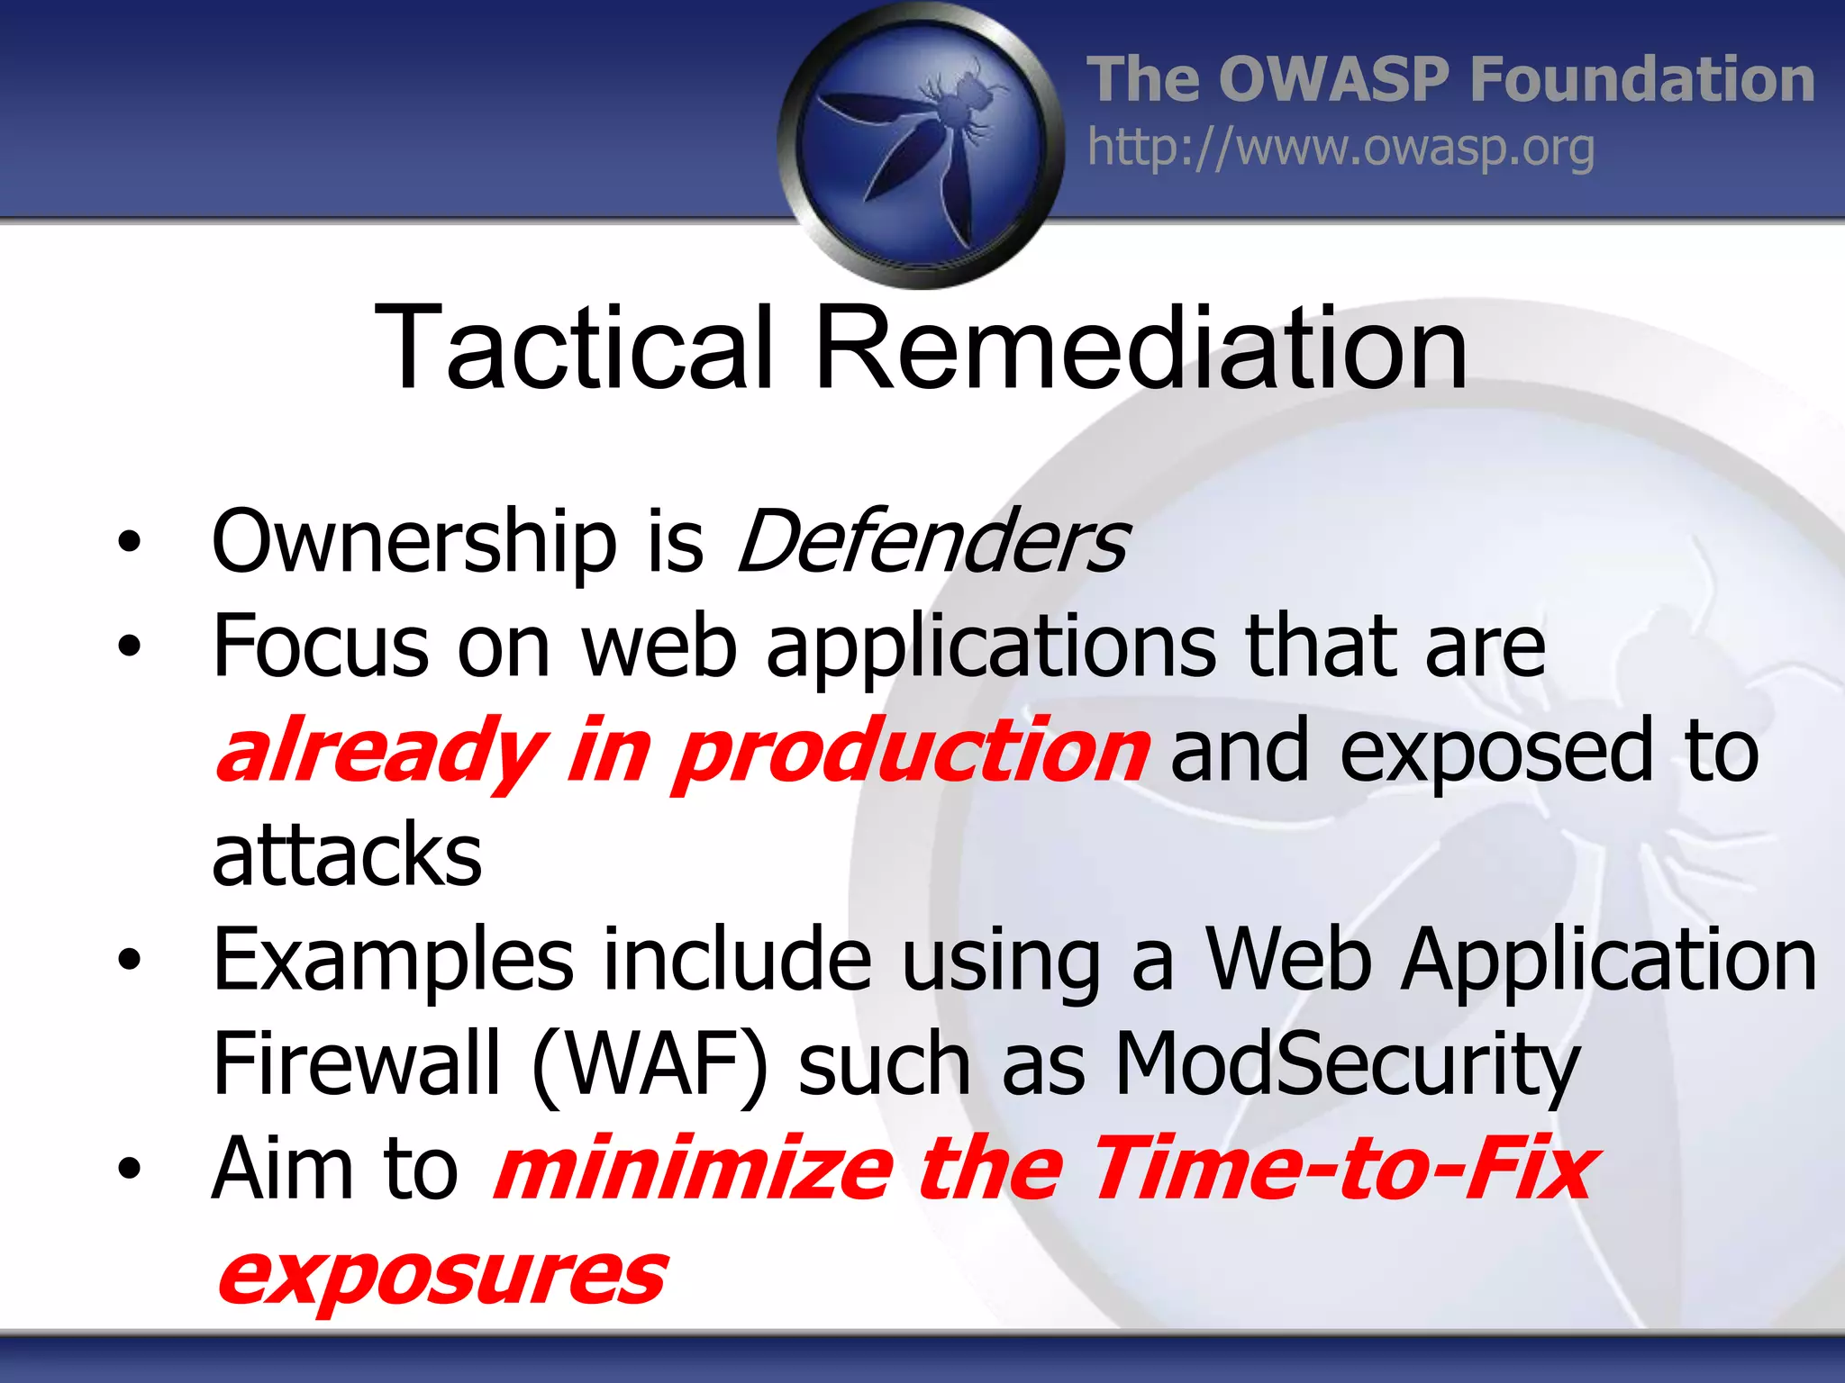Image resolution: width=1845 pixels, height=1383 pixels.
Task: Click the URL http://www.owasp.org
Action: [1341, 149]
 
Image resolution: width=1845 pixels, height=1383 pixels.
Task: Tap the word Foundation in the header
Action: [1641, 79]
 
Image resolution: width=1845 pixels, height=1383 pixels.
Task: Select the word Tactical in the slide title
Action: [574, 348]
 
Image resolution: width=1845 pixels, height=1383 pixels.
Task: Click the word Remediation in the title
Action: [1141, 348]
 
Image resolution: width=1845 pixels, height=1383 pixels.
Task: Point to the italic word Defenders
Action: [932, 542]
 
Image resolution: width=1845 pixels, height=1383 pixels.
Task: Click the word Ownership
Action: [414, 542]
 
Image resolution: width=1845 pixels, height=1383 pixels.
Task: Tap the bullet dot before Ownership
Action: [130, 542]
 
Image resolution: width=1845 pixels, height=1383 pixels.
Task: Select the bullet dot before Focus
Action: [130, 646]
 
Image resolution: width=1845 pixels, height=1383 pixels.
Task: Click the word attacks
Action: [347, 854]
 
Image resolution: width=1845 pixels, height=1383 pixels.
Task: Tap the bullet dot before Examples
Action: [130, 960]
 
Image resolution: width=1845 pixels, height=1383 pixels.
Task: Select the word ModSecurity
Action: [1347, 1064]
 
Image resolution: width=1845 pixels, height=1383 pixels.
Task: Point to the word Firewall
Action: [356, 1064]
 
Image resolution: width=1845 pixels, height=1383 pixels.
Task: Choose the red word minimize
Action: [694, 1169]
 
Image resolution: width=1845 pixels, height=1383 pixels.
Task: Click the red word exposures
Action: [441, 1275]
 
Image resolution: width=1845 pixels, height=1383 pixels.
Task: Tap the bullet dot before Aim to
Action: [130, 1169]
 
